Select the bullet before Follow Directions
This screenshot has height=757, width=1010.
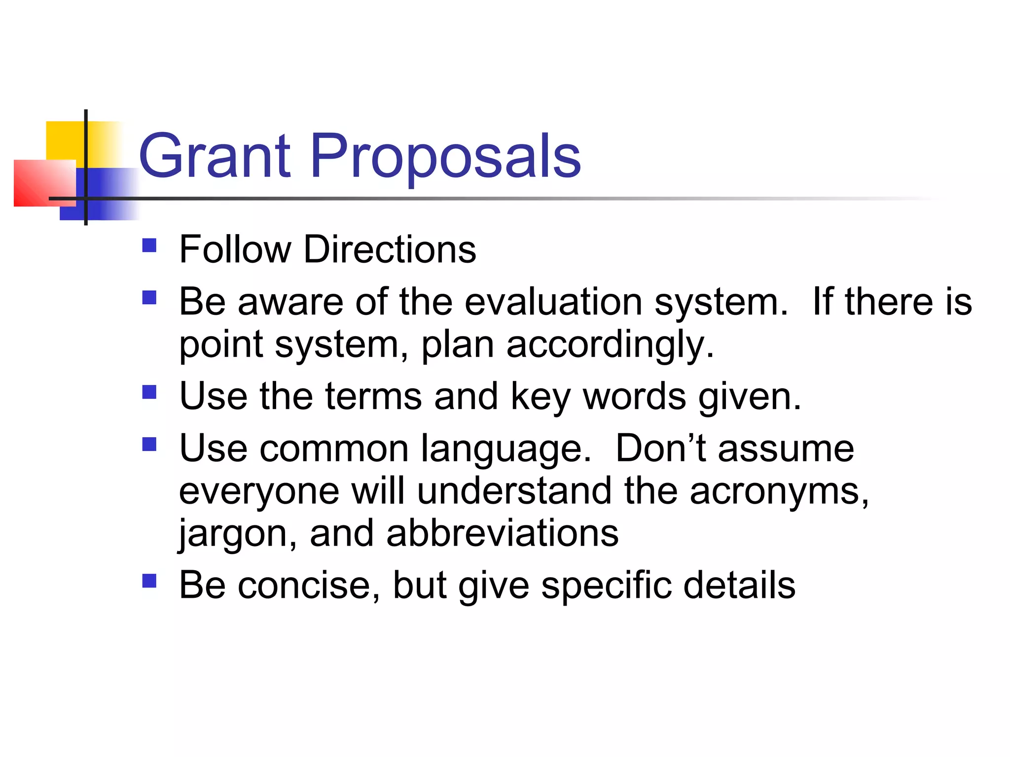click(x=149, y=245)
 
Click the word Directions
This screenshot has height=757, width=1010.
click(x=390, y=249)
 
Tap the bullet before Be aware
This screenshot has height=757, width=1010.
click(x=149, y=297)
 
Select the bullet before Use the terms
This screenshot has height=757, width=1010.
click(x=149, y=392)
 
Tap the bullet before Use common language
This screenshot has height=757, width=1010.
click(x=149, y=445)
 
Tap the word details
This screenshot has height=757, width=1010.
click(x=739, y=585)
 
